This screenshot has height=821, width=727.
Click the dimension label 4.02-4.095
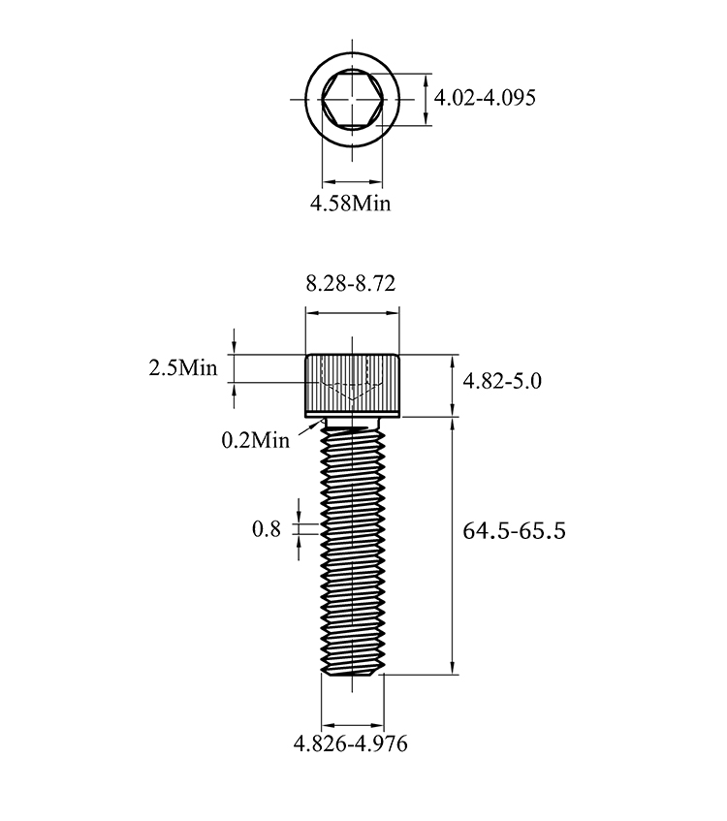[485, 98]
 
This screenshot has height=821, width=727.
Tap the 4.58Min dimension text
[350, 204]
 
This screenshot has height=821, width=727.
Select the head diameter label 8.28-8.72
[351, 283]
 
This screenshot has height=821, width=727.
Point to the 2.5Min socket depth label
[183, 368]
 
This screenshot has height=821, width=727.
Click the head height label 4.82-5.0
[502, 381]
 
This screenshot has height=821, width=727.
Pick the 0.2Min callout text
[256, 440]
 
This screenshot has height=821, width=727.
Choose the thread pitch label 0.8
[267, 529]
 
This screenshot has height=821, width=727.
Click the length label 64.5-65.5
[514, 531]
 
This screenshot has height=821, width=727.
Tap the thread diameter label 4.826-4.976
[350, 743]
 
